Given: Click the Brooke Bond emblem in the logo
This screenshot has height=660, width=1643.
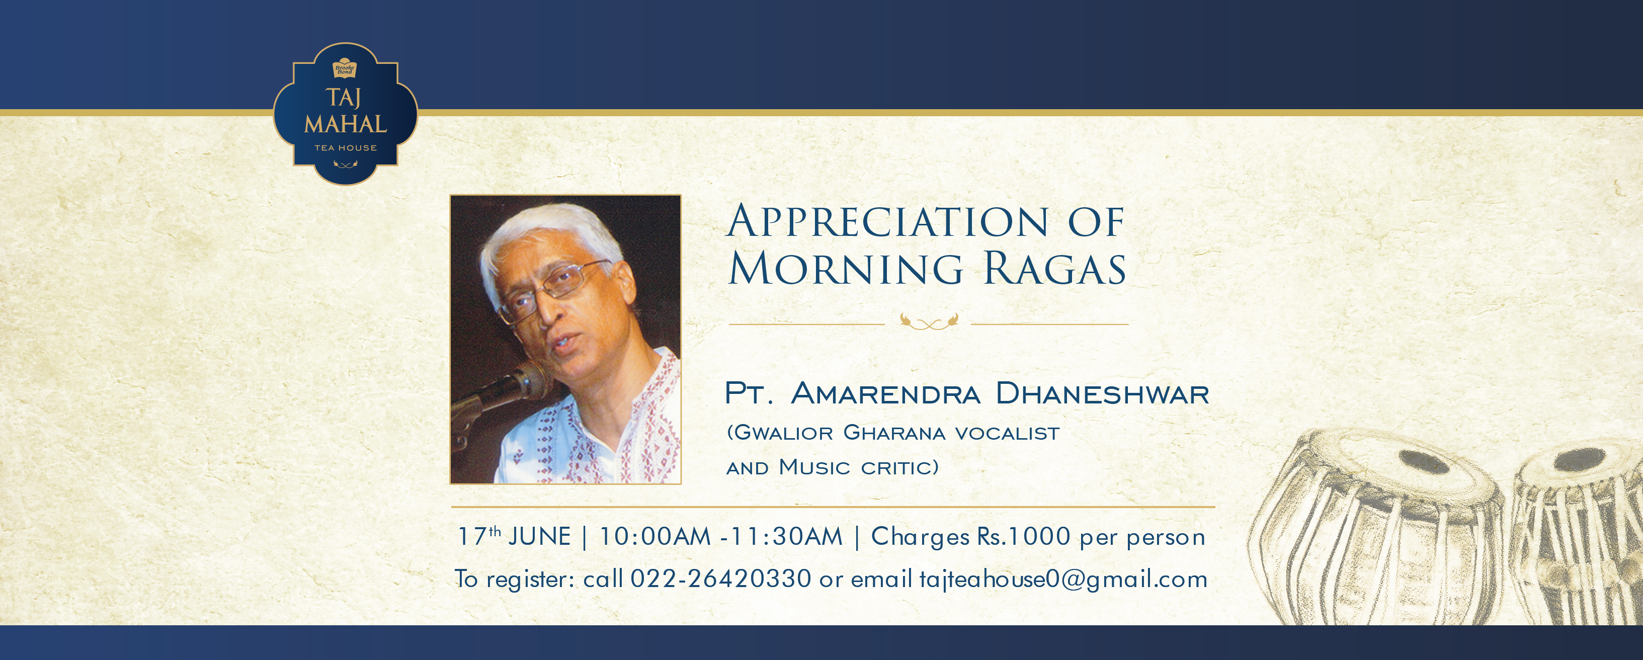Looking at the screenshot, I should click(x=345, y=69).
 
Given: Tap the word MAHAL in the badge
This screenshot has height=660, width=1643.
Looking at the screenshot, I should click(x=346, y=124).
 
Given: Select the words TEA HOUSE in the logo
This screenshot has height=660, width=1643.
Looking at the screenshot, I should click(x=346, y=148).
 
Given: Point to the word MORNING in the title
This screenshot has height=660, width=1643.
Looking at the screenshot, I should click(x=846, y=269).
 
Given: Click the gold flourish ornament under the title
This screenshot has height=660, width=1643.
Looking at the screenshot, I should click(x=929, y=322).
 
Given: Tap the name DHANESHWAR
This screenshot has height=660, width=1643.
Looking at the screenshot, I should click(x=1102, y=393).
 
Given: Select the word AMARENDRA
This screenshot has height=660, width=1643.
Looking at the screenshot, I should click(x=885, y=393).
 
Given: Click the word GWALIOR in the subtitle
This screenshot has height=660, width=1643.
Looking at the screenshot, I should click(x=784, y=433).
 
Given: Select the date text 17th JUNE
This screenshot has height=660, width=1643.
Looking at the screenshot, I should click(x=514, y=537).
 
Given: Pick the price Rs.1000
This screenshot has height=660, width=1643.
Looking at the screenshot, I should click(x=1024, y=537).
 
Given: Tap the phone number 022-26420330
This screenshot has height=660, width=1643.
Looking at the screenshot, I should click(x=721, y=579).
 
